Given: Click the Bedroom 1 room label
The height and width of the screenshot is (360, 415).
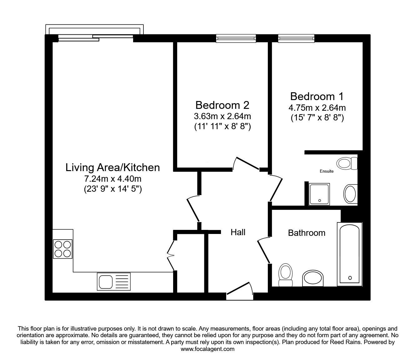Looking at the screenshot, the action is coord(317,96).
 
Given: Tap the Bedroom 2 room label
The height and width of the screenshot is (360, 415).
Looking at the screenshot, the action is coord(222,105).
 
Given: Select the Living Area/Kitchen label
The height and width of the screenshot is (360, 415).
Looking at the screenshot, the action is coord(112,168).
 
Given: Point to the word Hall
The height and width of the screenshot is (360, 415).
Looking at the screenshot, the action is coord(238,232).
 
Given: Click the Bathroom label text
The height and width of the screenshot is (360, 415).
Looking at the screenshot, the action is coord(307,233).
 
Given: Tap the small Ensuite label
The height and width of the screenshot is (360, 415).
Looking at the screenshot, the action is coord(327,171).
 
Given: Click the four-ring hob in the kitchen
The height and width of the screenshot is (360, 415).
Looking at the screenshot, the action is coord(62,249).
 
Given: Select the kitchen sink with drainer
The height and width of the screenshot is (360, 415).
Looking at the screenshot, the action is coord(114,281).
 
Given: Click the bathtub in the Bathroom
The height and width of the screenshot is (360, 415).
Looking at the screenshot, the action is coord(350,254).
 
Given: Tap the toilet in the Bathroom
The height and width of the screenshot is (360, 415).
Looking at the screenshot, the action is coord(286,275).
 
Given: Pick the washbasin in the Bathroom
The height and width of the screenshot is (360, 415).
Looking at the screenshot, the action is coord(313,278).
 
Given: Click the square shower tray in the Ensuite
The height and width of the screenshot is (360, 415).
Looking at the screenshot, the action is coord(319,194).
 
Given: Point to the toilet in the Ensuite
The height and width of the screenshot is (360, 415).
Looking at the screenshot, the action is coord(347,163).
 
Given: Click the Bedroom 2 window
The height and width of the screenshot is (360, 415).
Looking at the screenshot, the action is coord(236,38).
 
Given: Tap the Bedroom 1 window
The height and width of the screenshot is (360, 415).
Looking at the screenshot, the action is coord(296,38).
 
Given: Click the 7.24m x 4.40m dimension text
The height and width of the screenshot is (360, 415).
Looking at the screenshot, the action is coord(112,179).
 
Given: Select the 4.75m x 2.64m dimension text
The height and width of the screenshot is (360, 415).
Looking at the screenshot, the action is coord(317,108).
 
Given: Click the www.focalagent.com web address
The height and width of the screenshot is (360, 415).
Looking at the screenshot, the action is coord(207,349).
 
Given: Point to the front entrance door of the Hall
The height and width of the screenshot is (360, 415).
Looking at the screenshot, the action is coord(240,291).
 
